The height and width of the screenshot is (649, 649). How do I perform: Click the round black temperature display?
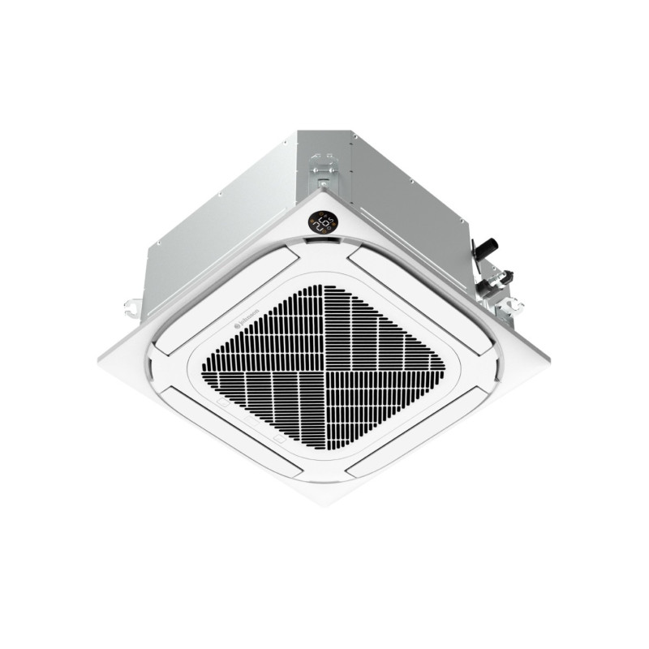click(324, 221)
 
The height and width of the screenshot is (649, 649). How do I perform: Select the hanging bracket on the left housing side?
click(132, 307)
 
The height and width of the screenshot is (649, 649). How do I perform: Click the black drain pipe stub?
click(488, 244)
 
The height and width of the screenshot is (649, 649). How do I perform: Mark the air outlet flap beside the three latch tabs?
click(231, 428)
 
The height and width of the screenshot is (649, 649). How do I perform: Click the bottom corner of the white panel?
click(324, 503)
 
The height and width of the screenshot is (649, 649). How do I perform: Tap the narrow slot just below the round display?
click(324, 241)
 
